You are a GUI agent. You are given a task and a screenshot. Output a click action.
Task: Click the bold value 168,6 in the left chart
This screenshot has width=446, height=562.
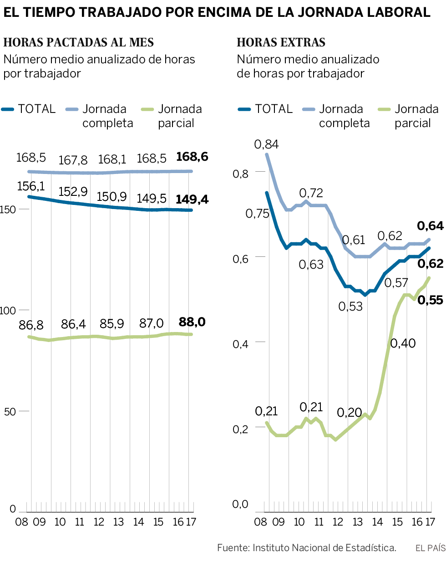[x=192, y=157]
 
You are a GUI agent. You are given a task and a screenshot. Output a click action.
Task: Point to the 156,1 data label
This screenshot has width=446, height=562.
[x=31, y=186]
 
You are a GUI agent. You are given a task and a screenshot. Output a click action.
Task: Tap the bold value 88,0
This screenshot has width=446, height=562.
[x=192, y=322]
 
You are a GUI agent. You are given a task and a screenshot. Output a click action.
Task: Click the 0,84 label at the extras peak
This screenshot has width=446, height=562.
[x=267, y=145]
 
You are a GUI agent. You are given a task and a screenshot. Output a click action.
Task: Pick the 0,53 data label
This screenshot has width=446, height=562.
[x=350, y=307]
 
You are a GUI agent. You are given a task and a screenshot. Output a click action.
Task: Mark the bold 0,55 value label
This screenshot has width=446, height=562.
[x=430, y=300]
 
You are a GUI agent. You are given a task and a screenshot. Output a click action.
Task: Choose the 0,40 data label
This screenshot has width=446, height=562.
[x=403, y=343]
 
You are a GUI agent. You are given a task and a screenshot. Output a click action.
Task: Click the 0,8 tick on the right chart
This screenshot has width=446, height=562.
[x=241, y=174]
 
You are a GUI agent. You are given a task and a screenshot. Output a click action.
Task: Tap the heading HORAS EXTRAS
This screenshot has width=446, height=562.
[x=281, y=43]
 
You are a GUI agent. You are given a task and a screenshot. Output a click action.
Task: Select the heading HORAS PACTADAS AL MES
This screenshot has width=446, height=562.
[x=79, y=43]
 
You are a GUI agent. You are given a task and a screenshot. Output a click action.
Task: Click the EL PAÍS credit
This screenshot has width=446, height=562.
[x=430, y=548]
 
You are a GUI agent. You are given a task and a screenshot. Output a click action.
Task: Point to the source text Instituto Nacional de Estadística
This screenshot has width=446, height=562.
[x=324, y=548]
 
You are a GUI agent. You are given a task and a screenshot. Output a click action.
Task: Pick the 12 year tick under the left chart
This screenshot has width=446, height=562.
[x=99, y=522]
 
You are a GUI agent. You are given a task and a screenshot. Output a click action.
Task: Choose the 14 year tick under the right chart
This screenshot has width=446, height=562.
[x=377, y=522]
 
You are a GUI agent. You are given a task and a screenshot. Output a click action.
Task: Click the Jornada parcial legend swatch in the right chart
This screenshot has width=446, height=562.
[x=385, y=109]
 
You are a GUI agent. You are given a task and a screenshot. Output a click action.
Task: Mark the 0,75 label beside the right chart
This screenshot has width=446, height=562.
[x=258, y=214]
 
